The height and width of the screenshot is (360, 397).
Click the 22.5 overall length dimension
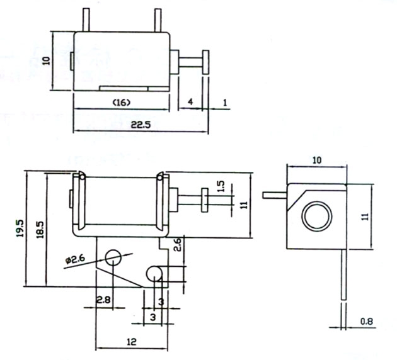click(140, 125)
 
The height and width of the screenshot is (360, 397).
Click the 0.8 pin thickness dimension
click(367, 322)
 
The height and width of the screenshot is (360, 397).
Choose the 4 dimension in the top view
click(190, 102)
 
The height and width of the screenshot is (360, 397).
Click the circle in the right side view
click(316, 217)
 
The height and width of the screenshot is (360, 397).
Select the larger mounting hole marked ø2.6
click(113, 257)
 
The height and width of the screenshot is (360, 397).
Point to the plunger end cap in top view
click(206, 63)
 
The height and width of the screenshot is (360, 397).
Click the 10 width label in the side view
click(316, 160)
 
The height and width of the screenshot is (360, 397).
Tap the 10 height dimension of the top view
click(45, 60)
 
